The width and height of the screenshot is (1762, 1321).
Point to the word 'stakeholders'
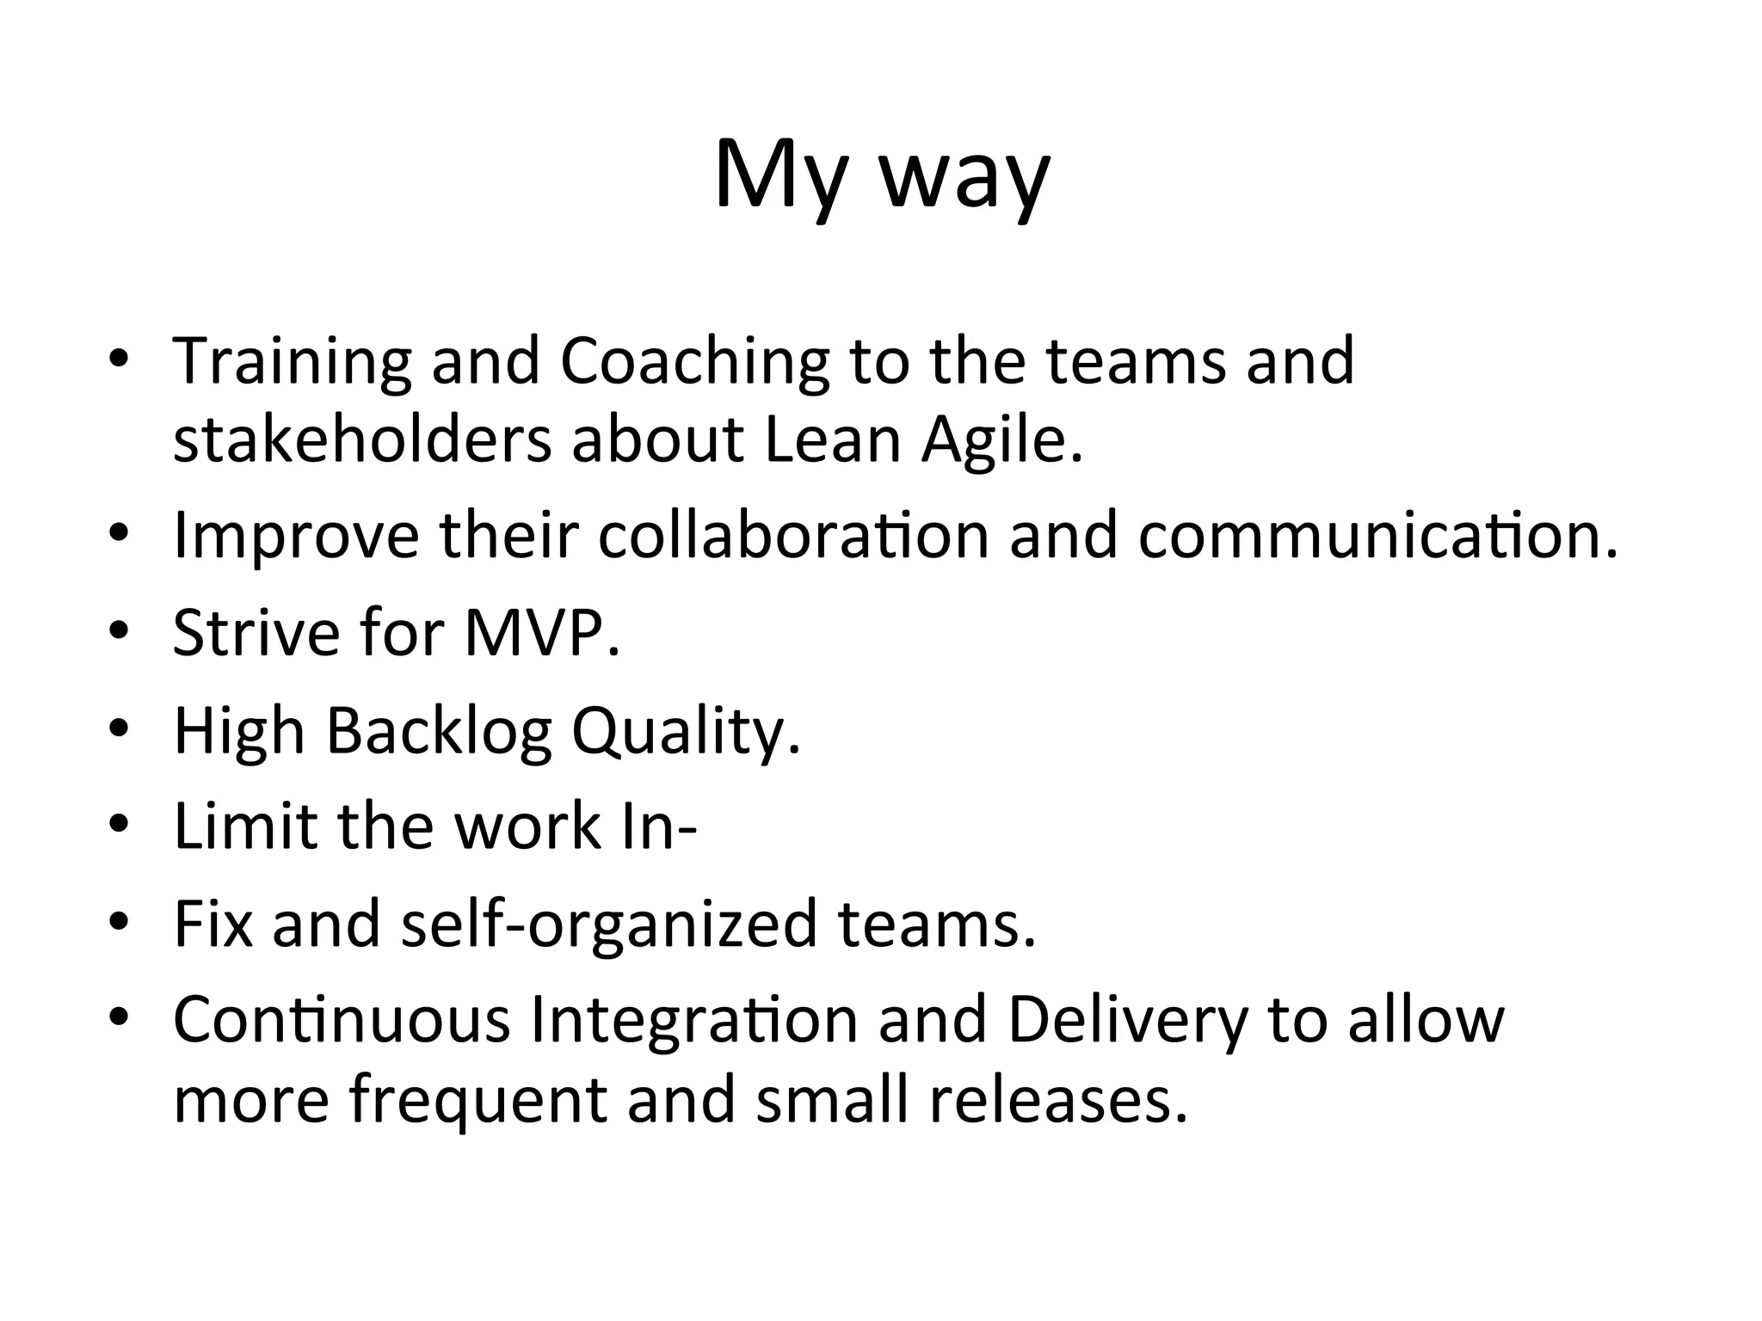click(x=361, y=439)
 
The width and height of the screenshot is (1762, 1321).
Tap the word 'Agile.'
click(x=1001, y=441)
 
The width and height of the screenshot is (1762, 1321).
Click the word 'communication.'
click(x=1377, y=536)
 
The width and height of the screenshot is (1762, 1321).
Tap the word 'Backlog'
click(x=439, y=732)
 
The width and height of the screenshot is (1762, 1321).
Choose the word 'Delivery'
click(x=1127, y=1021)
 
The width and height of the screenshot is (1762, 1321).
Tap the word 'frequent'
click(x=478, y=1102)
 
